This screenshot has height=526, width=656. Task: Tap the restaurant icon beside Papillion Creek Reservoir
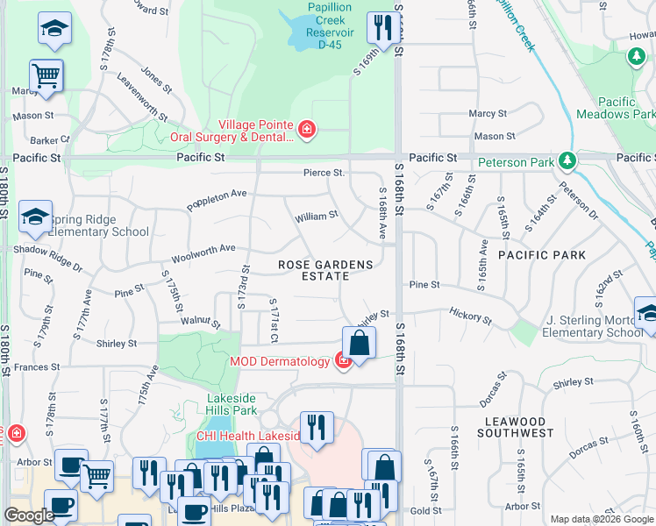click(x=381, y=27)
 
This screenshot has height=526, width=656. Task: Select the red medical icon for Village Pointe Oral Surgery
click(x=306, y=131)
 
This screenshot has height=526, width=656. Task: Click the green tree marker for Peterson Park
click(x=567, y=161)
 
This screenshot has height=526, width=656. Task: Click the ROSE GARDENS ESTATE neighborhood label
click(x=325, y=270)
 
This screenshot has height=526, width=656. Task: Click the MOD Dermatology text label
click(x=280, y=361)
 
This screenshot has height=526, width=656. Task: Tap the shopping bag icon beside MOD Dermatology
click(x=359, y=342)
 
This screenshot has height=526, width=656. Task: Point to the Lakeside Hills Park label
click(x=232, y=403)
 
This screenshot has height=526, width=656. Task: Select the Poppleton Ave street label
click(x=217, y=200)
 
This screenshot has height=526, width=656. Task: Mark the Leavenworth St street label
click(x=142, y=98)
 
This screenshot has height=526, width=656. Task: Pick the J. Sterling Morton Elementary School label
click(x=592, y=326)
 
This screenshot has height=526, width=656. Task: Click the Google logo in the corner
click(x=29, y=515)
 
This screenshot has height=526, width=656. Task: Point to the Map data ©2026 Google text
click(x=601, y=518)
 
